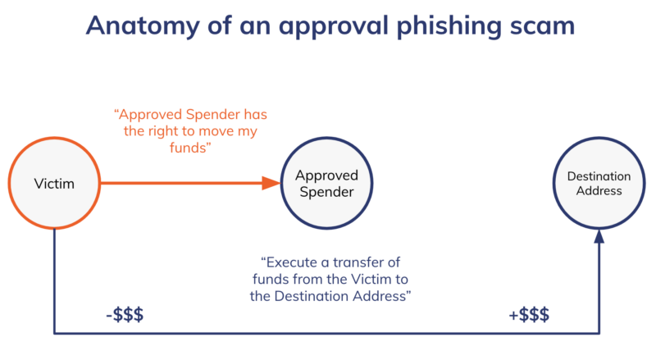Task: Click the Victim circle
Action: (55, 184)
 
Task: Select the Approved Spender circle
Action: (326, 184)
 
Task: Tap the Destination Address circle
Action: (599, 184)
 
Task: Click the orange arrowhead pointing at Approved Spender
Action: (271, 184)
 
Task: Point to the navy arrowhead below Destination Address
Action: (599, 236)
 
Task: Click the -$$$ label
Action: (125, 316)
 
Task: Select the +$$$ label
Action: (529, 316)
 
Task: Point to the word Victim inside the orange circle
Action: (55, 184)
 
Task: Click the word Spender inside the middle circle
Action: (326, 193)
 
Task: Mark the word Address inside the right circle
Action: (599, 192)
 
